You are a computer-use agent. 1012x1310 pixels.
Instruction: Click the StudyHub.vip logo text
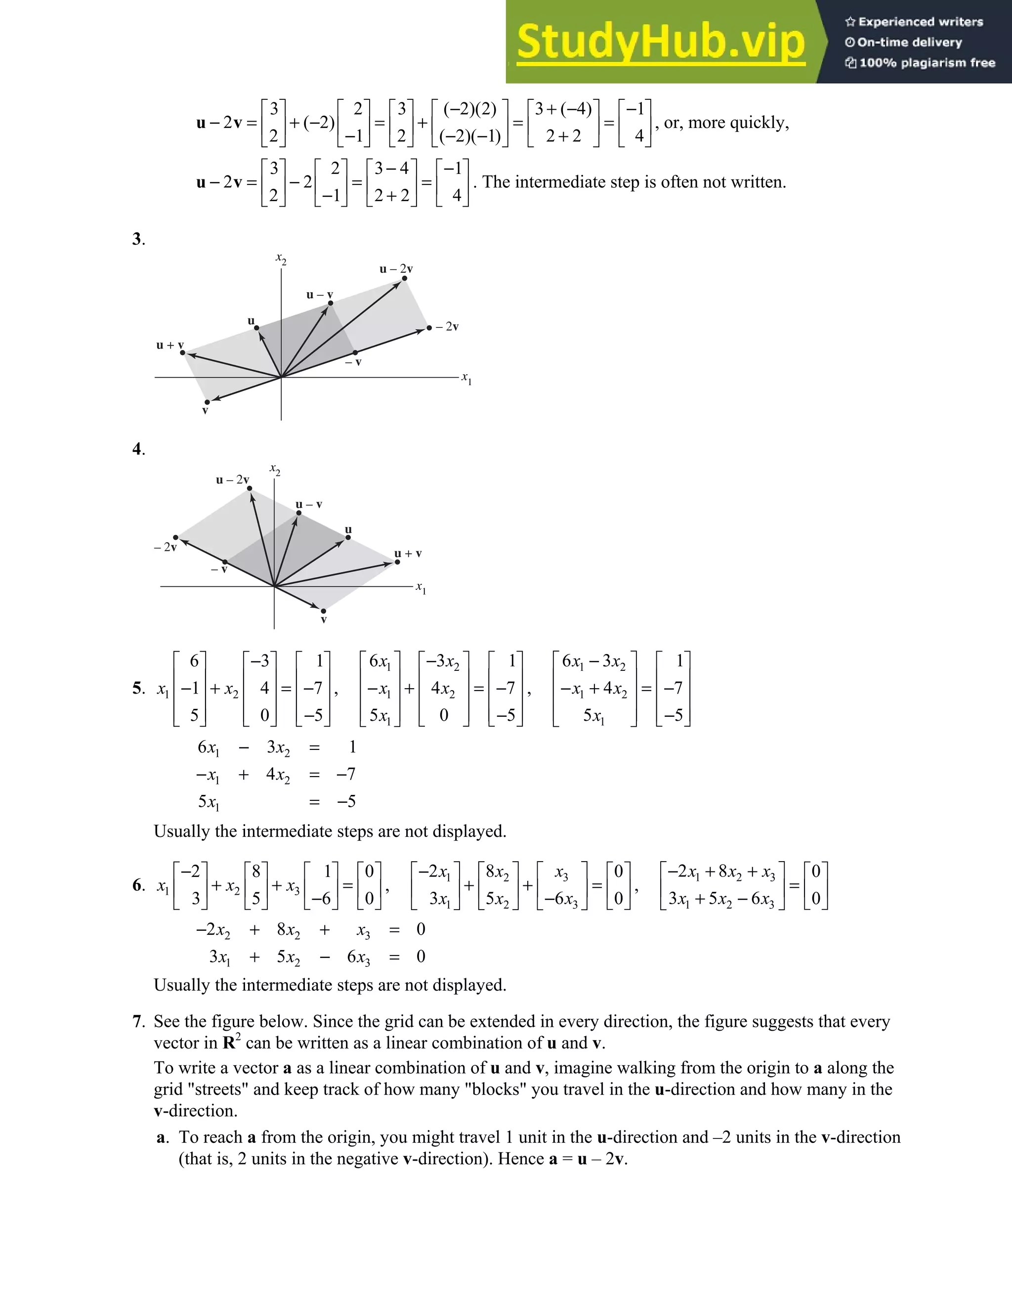click(660, 42)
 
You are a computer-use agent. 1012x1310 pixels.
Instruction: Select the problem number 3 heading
click(137, 239)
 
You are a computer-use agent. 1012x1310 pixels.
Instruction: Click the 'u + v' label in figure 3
click(169, 345)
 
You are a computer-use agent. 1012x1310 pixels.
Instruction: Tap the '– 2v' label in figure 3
click(447, 327)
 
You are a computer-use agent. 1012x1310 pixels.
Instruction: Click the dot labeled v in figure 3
click(207, 402)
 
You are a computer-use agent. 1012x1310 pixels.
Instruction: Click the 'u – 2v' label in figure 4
click(232, 480)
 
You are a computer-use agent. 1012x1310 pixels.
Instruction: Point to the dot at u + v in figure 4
click(397, 562)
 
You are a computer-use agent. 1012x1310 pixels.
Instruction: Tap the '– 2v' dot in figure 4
click(175, 537)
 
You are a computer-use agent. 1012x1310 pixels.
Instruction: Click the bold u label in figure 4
click(348, 529)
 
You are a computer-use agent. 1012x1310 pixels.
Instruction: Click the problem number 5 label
click(137, 688)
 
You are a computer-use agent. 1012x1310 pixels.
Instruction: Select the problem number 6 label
click(137, 885)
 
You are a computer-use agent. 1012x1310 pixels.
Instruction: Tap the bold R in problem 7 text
click(229, 1043)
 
